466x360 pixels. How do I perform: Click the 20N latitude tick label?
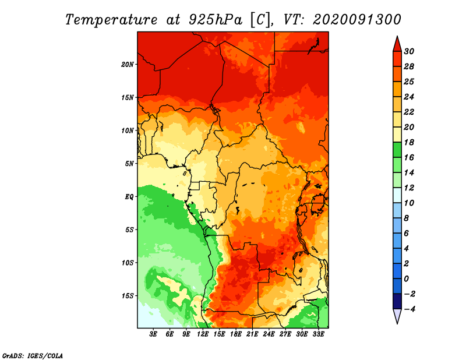coord(127,65)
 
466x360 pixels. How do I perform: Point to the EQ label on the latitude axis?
coord(129,197)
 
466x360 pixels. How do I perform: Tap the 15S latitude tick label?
coord(127,296)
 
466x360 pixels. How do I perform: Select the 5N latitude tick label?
coord(129,164)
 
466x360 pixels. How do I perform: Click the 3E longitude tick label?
coord(153,334)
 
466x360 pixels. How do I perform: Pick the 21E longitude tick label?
coord(252,334)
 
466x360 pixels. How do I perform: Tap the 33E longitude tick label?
coord(318,334)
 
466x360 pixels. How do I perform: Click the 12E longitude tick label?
coord(203,334)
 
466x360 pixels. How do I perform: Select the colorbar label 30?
coord(409,51)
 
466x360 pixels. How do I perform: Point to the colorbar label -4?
coord(409,309)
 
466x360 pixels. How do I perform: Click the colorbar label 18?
coord(409,142)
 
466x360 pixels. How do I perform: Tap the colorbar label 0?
coord(406,279)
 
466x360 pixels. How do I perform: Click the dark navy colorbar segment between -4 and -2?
coord(397,301)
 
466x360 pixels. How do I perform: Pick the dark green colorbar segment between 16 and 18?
coord(397,150)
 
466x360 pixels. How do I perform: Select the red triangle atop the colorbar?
coord(397,44)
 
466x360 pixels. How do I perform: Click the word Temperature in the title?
coord(111,20)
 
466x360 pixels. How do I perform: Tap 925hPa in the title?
coord(216,20)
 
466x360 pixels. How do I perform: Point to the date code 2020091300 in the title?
coord(356,20)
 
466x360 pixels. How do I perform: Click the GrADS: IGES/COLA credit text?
coord(33,355)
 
